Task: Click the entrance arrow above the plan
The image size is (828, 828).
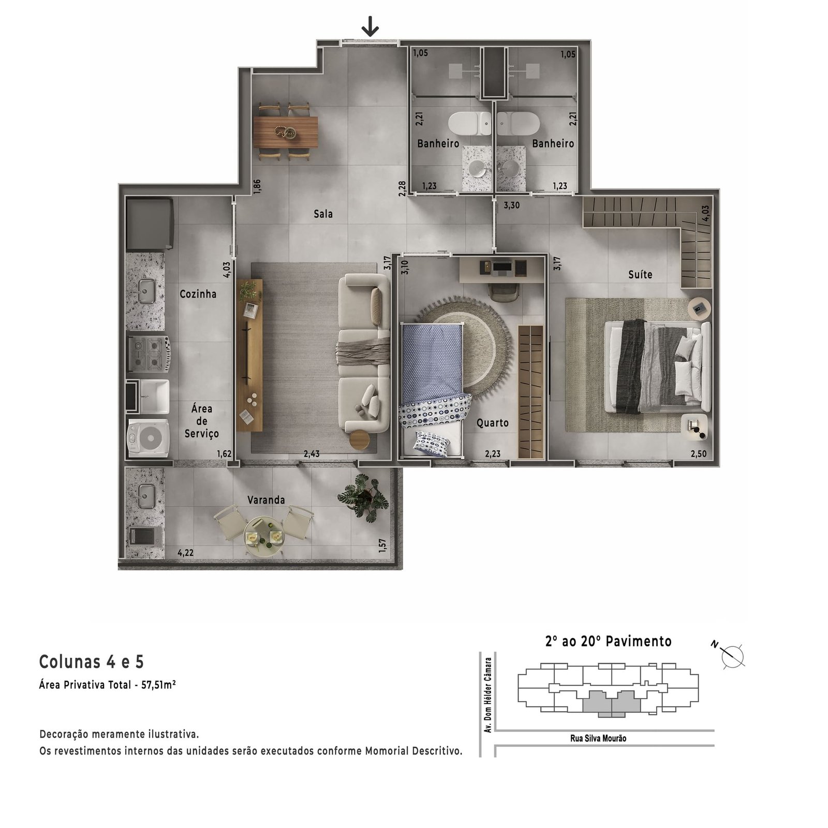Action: click(370, 26)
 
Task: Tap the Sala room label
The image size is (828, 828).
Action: click(323, 214)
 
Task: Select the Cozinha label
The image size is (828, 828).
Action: click(198, 294)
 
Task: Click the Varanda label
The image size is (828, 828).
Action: click(266, 500)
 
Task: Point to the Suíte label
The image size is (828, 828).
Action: click(640, 274)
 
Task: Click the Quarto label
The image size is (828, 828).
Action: click(492, 423)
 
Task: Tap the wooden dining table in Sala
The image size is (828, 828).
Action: click(286, 132)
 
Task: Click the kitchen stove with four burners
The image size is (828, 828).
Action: click(149, 354)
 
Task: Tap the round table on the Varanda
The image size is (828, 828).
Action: click(264, 537)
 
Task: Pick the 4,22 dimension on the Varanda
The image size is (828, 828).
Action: click(185, 552)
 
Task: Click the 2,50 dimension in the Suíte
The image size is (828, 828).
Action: click(698, 454)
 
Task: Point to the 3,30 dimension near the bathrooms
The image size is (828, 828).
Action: click(512, 205)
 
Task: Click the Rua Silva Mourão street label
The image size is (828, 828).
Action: click(598, 738)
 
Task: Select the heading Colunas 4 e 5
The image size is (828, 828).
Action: click(92, 661)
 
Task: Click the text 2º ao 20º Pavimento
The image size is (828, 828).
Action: click(608, 641)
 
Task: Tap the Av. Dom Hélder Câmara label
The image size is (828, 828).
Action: click(487, 695)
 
